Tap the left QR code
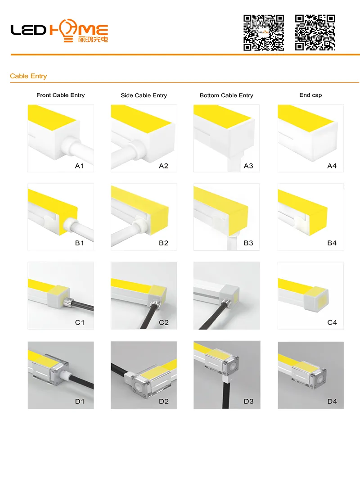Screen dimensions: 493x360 [264, 32]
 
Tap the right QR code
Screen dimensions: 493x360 [315, 32]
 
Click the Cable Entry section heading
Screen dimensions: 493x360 [28, 76]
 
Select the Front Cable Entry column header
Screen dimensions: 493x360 [61, 95]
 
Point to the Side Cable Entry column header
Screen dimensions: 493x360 [144, 95]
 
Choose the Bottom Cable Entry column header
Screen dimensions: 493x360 [226, 95]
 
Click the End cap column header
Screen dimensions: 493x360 [310, 95]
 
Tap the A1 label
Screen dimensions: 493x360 [79, 166]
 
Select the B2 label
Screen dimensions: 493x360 [163, 243]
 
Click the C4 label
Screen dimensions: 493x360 [332, 322]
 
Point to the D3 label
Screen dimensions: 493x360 [248, 401]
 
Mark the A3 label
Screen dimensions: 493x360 [248, 166]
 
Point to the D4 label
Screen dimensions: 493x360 [332, 401]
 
